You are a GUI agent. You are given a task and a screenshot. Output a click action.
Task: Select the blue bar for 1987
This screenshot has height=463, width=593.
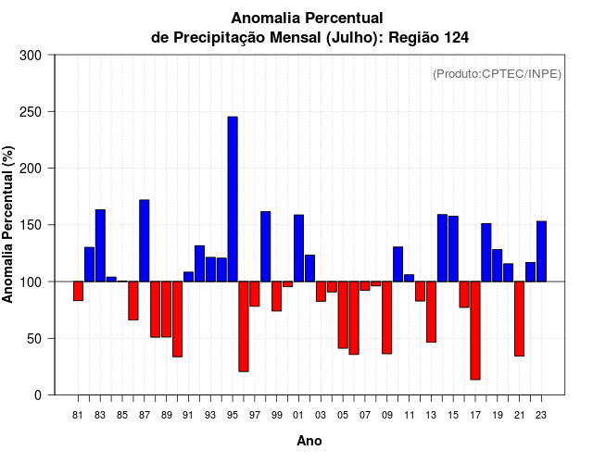coord(145,241)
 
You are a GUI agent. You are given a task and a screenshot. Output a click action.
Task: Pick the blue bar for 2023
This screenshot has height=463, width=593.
coord(541,251)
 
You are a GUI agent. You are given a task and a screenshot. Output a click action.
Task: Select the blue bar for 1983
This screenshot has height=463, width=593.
coord(100,245)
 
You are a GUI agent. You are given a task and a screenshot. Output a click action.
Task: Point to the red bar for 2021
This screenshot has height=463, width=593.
coord(519,319)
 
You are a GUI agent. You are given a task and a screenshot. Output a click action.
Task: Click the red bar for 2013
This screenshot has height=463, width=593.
coord(431,312)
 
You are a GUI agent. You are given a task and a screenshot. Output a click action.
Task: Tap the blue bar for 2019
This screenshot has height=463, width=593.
coord(497,265)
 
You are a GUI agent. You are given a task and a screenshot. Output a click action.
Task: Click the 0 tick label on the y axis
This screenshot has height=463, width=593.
coord(38,395)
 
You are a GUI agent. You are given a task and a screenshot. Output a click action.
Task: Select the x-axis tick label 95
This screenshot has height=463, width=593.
coord(233,415)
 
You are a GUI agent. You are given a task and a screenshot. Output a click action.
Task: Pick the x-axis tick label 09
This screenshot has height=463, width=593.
coord(386,415)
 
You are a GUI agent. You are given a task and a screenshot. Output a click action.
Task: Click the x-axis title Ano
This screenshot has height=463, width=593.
coord(309,442)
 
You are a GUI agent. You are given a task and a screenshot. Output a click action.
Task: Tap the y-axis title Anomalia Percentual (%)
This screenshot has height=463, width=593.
coord(9,225)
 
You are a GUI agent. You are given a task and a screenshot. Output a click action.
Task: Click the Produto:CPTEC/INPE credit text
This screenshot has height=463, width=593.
coord(498,74)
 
